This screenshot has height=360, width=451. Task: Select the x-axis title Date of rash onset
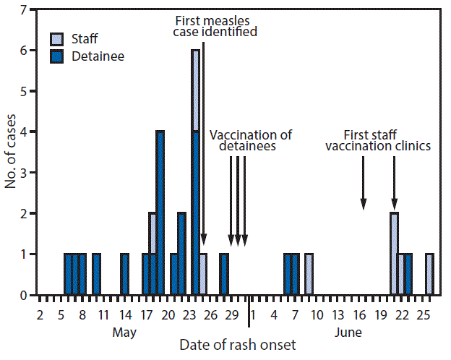[238, 344]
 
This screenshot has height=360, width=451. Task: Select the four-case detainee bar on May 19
[160, 213]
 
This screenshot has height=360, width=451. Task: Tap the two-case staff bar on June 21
[394, 254]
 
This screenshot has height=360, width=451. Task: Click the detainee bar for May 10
[96, 274]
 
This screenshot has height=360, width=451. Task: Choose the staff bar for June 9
[309, 274]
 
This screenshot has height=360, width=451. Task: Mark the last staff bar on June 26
[429, 274]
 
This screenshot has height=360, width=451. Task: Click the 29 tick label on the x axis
[232, 314]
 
